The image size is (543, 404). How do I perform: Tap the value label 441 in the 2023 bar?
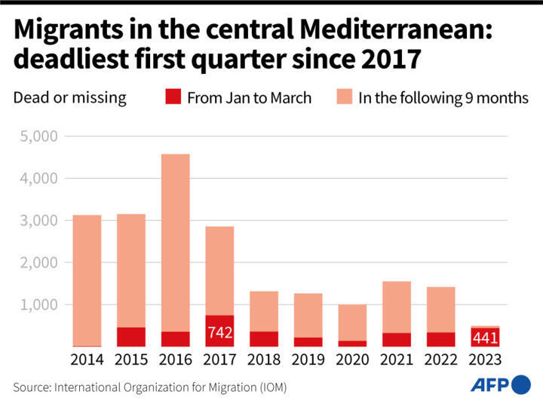[x=484, y=338]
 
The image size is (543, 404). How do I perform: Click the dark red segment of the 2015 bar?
[x=131, y=337]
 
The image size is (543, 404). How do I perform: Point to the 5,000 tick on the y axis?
[x=38, y=137]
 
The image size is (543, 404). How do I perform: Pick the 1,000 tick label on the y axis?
[x=38, y=305]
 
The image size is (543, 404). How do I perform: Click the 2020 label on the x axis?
[x=352, y=360]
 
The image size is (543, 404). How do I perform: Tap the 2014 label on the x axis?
[x=87, y=360]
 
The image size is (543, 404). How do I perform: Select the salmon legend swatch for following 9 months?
[x=344, y=97]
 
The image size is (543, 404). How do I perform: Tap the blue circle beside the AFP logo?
[x=521, y=385]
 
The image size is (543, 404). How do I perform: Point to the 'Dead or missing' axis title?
[x=69, y=97]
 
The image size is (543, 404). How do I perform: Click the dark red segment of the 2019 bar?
[x=308, y=341]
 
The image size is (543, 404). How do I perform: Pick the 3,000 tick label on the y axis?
[x=38, y=221]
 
